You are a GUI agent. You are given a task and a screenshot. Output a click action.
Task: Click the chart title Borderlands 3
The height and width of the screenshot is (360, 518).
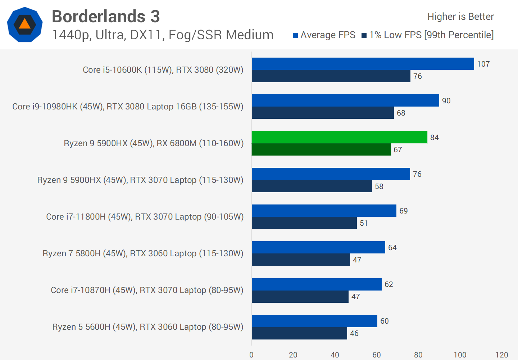click(x=106, y=17)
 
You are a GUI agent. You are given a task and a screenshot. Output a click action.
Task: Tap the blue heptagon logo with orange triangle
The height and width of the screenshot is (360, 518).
click(x=25, y=24)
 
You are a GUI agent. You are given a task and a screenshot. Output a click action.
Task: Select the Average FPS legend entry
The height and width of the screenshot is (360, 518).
click(x=324, y=35)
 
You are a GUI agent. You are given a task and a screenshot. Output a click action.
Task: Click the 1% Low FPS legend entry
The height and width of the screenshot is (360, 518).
click(x=428, y=35)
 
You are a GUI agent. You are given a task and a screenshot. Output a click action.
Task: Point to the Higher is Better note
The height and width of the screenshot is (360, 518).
click(x=460, y=17)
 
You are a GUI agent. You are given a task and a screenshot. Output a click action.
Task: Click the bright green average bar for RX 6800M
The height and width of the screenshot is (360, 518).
click(x=339, y=137)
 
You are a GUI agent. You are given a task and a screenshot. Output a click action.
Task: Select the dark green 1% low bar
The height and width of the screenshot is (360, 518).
click(x=321, y=149)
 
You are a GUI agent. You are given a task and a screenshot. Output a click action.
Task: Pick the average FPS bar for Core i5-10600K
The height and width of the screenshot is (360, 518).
click(x=363, y=64)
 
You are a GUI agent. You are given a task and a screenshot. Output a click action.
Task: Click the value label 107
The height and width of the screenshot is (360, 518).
click(x=483, y=64)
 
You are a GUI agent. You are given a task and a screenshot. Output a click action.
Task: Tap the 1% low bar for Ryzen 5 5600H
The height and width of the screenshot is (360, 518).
click(x=299, y=333)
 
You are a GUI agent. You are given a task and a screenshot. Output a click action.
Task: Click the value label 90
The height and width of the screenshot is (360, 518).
click(x=446, y=101)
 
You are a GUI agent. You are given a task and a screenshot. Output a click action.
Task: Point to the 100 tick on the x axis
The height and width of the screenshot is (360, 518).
click(x=460, y=355)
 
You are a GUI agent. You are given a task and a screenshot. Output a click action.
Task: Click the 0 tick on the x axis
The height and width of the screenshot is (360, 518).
click(x=251, y=355)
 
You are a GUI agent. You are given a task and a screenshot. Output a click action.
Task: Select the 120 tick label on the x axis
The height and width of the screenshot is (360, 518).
click(x=502, y=355)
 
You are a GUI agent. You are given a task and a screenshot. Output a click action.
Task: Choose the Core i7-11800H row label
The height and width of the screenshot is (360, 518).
click(x=145, y=217)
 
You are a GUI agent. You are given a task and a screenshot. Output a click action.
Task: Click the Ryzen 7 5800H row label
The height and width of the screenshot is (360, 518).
click(x=143, y=253)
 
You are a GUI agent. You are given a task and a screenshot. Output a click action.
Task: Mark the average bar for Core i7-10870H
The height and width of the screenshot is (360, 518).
click(x=317, y=284)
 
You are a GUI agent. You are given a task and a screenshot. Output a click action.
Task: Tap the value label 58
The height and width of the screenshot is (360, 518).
click(x=379, y=186)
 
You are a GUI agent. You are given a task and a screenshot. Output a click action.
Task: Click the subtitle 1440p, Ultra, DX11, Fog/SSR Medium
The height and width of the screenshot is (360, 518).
click(x=163, y=35)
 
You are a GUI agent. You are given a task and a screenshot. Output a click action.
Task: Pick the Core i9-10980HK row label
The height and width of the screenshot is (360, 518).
click(x=128, y=107)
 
